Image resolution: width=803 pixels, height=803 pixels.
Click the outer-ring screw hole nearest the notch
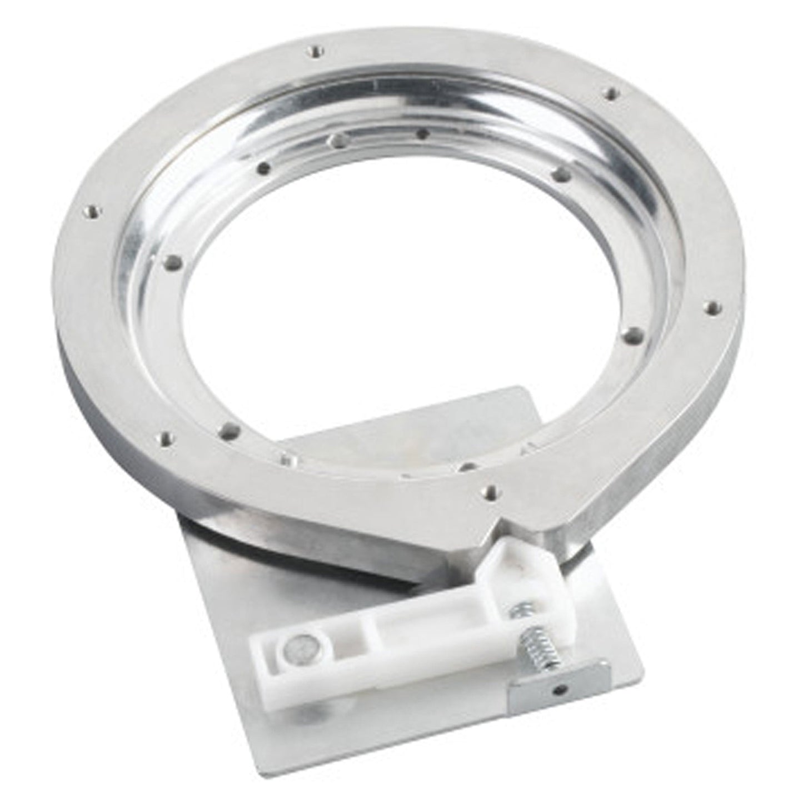pos(490,490)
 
